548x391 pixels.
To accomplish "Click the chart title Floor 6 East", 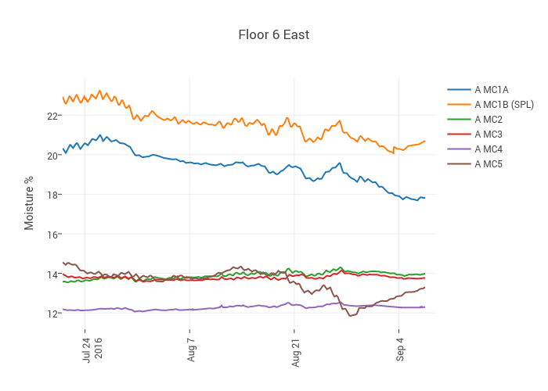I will tap(274, 35).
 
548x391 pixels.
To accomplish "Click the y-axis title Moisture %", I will tap(29, 203).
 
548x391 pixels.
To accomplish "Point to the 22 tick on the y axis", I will tap(53, 116).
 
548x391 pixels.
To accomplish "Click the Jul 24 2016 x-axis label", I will tap(92, 349).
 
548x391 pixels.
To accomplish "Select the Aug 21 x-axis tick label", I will tap(295, 348).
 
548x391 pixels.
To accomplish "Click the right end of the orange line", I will tap(424, 141).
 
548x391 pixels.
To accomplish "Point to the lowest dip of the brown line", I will tap(349, 316).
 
